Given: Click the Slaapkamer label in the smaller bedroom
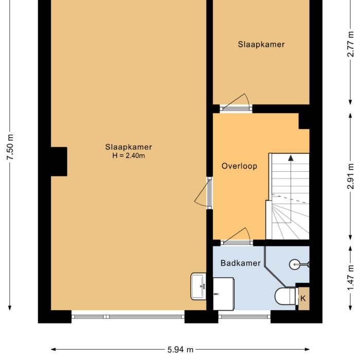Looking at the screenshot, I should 261,44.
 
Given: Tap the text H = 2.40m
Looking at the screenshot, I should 129,155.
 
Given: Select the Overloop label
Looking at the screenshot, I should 239,166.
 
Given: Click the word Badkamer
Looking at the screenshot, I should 241,263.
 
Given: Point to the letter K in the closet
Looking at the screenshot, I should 303,298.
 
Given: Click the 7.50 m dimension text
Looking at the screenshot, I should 9,147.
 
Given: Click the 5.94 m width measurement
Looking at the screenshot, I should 180,350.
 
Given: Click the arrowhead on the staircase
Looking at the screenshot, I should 291,158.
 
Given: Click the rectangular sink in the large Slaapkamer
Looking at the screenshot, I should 198,286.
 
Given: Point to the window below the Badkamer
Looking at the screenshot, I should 244,317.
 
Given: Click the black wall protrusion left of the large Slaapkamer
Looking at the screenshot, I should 59,161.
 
